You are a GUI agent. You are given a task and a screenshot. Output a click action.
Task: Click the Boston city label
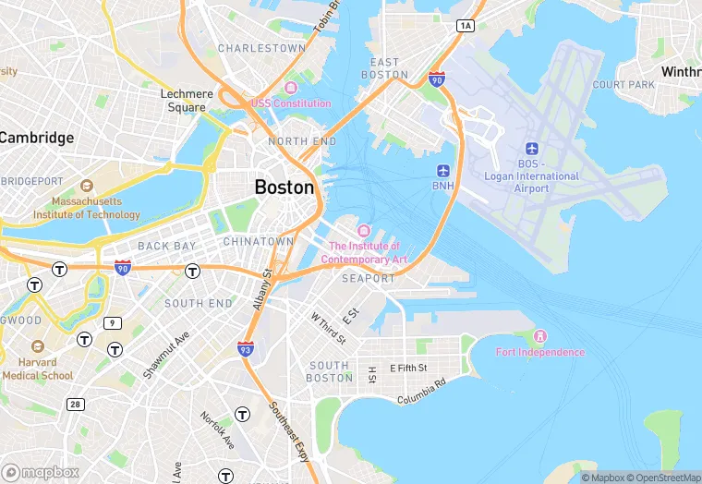pos(284,187)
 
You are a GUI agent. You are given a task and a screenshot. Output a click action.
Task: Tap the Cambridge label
pos(36,138)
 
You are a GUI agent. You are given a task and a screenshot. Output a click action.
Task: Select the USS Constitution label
pos(291,103)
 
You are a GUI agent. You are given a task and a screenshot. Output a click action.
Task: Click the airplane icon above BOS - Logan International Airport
pos(531,149)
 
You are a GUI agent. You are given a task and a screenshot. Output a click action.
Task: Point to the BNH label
pos(443,186)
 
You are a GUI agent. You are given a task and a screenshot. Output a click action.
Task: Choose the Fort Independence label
pos(540,352)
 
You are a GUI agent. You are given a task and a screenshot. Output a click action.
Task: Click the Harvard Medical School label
pos(37,369)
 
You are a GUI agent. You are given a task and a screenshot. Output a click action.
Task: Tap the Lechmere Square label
pos(187,101)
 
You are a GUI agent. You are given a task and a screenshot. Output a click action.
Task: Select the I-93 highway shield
pos(245,348)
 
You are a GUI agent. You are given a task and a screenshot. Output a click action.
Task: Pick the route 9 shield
pos(113,322)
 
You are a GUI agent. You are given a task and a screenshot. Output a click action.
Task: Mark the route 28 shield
pos(74,405)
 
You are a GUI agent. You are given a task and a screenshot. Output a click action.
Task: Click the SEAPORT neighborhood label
pos(368,278)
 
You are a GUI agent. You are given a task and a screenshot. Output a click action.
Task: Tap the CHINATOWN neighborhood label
pos(258,241)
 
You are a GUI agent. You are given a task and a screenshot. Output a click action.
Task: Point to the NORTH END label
pos(302,141)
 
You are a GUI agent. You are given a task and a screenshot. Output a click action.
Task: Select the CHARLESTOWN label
pos(261,48)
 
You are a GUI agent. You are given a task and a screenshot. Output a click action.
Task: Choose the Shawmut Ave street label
pos(166,356)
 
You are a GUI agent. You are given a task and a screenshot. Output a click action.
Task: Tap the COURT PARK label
pos(623,85)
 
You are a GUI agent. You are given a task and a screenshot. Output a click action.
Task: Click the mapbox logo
pos(42,471)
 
